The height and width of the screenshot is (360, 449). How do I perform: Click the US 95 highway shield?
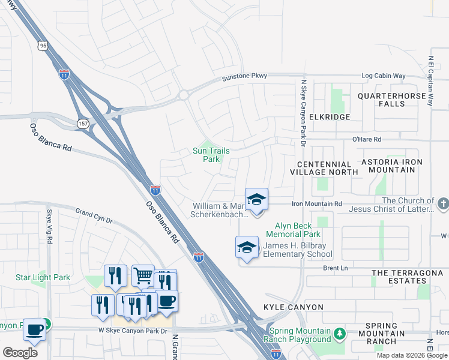click(x=43, y=44)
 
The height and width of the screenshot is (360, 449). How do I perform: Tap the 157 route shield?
click(x=82, y=123)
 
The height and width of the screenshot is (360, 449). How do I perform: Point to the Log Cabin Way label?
click(x=384, y=76)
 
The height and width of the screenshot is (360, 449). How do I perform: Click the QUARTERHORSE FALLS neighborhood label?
click(x=395, y=100)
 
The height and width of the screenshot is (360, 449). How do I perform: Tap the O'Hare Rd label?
click(x=367, y=139)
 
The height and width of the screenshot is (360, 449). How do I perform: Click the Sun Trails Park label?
click(x=211, y=155)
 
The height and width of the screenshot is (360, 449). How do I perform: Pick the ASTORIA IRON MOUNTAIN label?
click(x=391, y=166)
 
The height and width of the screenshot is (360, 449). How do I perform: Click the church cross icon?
click(x=443, y=203)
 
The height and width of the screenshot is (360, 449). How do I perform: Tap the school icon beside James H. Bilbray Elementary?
click(x=247, y=248)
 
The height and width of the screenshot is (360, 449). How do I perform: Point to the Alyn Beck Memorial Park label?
click(x=294, y=230)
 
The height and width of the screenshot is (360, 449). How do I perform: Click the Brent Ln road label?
click(x=336, y=268)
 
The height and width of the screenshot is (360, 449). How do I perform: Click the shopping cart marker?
click(x=143, y=276)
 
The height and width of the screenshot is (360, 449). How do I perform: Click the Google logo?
click(x=20, y=353)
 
